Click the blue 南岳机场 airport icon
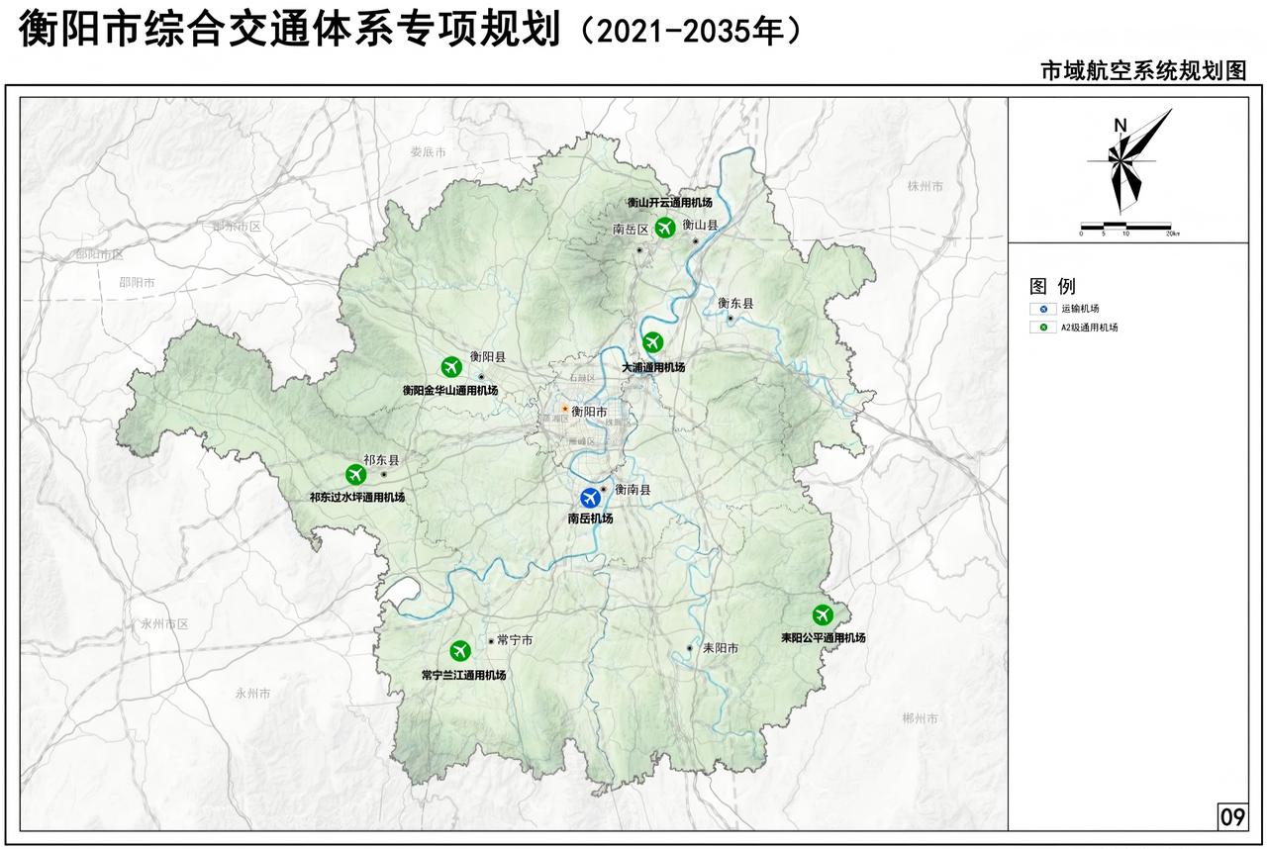(x=591, y=498)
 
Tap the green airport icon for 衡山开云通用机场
(x=665, y=227)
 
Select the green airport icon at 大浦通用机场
(x=652, y=343)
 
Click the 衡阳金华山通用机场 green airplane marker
(x=451, y=366)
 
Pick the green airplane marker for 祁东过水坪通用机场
(x=356, y=475)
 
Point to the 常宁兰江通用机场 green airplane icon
(x=460, y=650)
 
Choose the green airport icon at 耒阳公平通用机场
(x=823, y=614)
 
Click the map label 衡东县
(x=735, y=304)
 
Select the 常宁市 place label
(x=515, y=640)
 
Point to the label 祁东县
(x=381, y=460)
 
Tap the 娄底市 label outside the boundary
(x=429, y=151)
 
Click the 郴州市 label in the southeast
(x=921, y=717)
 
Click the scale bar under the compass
(x=1125, y=227)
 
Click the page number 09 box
(x=1231, y=816)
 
